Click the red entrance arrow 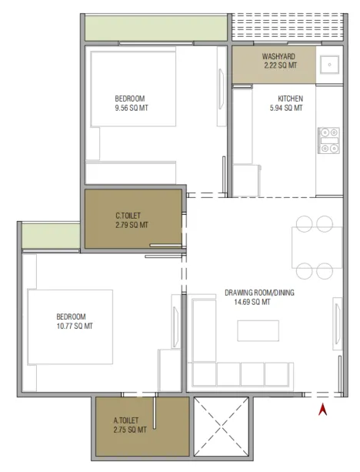point(323,410)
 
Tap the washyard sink point(330,65)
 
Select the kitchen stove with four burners point(328,141)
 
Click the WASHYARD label point(278,56)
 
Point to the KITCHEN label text point(290,99)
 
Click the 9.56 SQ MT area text point(132,108)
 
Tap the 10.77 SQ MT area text point(75,326)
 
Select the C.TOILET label point(128,216)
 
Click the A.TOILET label point(126,420)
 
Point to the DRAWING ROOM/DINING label point(259,293)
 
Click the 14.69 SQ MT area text point(252,302)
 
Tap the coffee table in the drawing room point(258,330)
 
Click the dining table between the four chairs point(317,247)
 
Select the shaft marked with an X point(221,427)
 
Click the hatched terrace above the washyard point(288,26)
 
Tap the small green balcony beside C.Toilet point(51,236)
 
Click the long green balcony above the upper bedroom point(156,28)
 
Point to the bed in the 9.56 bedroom point(133,89)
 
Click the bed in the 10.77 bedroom point(70,327)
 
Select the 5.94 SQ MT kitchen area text point(286,108)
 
